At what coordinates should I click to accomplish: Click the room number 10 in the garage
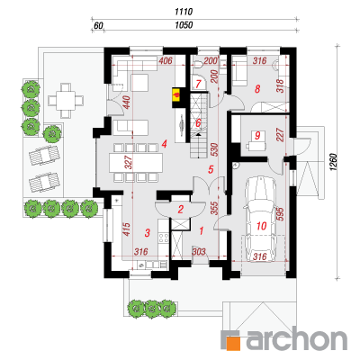point(262,226)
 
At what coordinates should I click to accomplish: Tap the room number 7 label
point(198,84)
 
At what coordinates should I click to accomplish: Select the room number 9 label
point(257,136)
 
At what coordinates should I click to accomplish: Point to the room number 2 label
point(180,209)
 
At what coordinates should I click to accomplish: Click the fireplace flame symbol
point(176,94)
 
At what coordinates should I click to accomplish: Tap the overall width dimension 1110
point(184,12)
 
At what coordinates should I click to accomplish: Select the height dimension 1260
point(335,163)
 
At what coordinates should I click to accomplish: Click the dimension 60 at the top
point(98,25)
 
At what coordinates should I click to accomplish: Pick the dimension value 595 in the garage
point(280,213)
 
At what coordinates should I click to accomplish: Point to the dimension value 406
point(166,61)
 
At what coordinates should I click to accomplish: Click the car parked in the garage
point(260,220)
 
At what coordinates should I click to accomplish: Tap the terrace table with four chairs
point(66,101)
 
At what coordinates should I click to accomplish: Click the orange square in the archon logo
point(234,344)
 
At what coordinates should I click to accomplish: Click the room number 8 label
point(257,89)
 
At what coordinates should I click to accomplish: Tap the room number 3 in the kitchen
point(147,232)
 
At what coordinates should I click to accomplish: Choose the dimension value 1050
point(184,25)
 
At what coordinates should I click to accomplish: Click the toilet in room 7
point(198,64)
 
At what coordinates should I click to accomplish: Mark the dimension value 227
point(280,136)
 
